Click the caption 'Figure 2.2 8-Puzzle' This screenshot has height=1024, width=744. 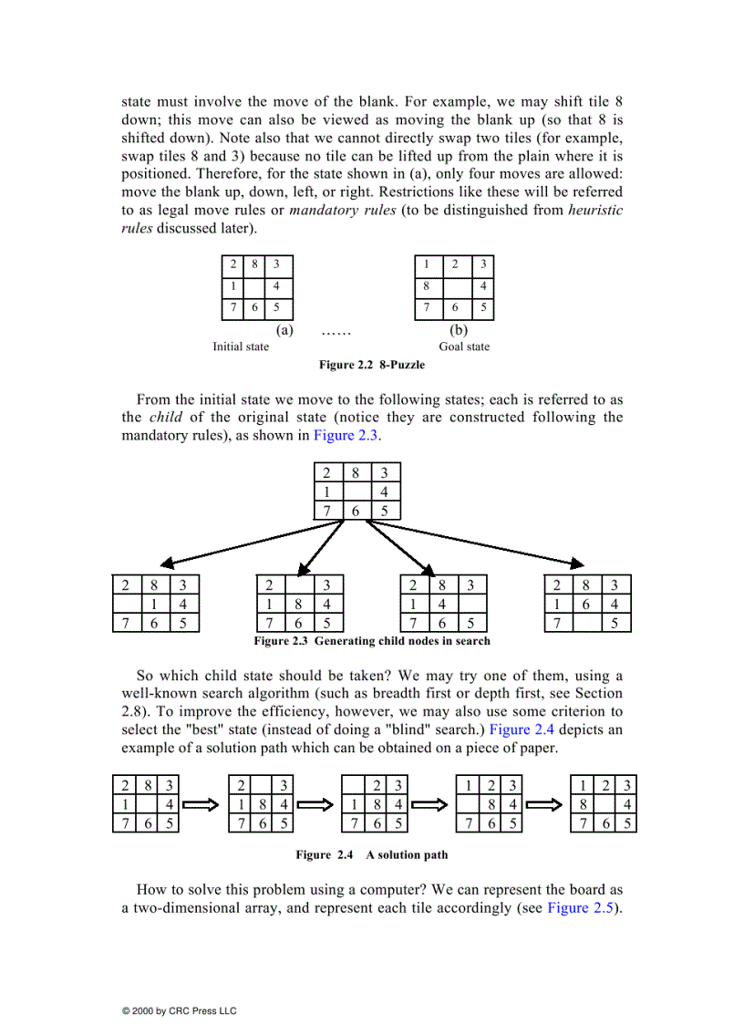[x=371, y=365]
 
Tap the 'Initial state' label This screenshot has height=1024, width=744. [x=241, y=347]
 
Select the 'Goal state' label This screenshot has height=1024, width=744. [x=464, y=347]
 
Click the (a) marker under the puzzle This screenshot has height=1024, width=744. [x=284, y=330]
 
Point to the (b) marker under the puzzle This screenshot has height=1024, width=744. [x=458, y=330]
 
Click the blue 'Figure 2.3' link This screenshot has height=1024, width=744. [x=346, y=435]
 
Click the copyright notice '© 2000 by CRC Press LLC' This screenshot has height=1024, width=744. [x=179, y=1010]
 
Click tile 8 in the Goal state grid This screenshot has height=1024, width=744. [x=425, y=286]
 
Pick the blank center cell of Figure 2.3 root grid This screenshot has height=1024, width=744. [x=356, y=491]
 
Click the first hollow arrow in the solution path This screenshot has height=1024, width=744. [x=201, y=805]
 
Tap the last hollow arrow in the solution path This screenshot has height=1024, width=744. [x=545, y=805]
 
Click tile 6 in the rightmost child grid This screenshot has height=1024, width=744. [x=587, y=605]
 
